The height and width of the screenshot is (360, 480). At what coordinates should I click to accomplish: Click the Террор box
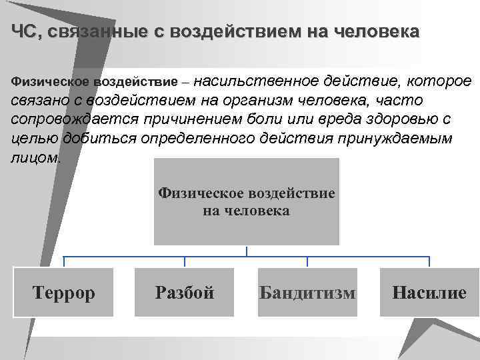click(64, 292)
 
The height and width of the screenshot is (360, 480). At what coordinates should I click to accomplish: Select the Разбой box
click(185, 292)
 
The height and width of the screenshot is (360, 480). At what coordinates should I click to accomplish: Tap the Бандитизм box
click(307, 292)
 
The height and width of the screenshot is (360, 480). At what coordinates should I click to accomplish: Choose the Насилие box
click(429, 292)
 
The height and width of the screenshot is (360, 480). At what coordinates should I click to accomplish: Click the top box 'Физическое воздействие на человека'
click(247, 201)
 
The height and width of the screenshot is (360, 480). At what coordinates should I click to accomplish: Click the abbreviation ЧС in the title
click(25, 32)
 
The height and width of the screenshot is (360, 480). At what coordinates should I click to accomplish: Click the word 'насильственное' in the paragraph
click(257, 81)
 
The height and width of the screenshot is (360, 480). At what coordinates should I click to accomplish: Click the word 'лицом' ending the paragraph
click(35, 158)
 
